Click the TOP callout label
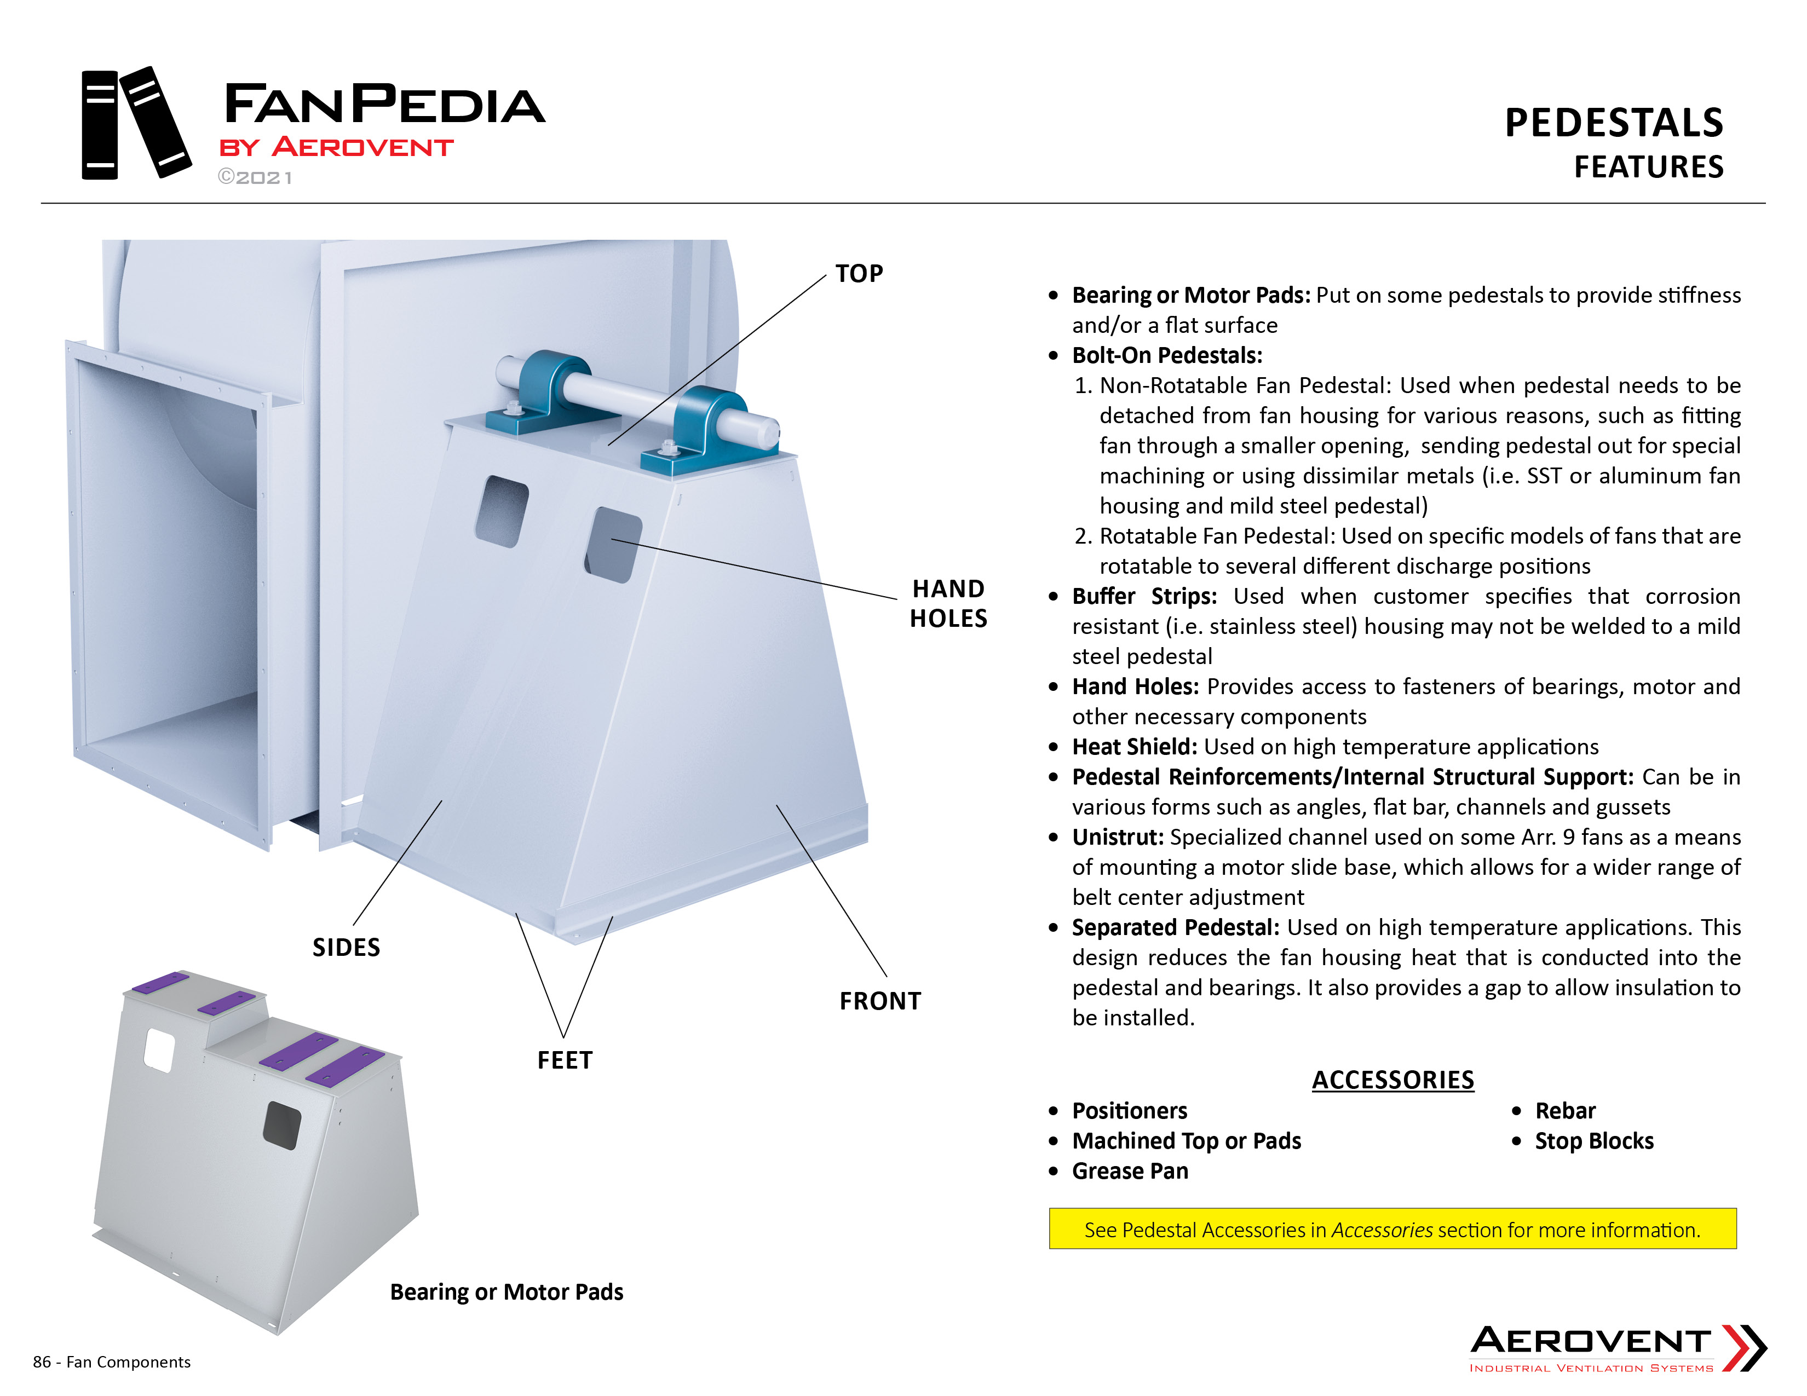click(859, 274)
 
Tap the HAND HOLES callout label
click(948, 604)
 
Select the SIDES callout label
click(346, 948)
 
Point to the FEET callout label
click(565, 1060)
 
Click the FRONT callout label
click(881, 1001)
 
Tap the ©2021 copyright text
click(255, 178)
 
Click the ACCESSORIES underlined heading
click(1394, 1080)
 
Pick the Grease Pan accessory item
click(1130, 1171)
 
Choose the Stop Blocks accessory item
click(1595, 1141)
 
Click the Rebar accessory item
click(1566, 1111)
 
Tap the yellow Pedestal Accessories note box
click(1392, 1229)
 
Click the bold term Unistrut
click(1118, 838)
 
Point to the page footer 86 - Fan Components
click(112, 1362)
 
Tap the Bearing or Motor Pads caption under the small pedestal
click(507, 1293)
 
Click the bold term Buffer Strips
click(1144, 596)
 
